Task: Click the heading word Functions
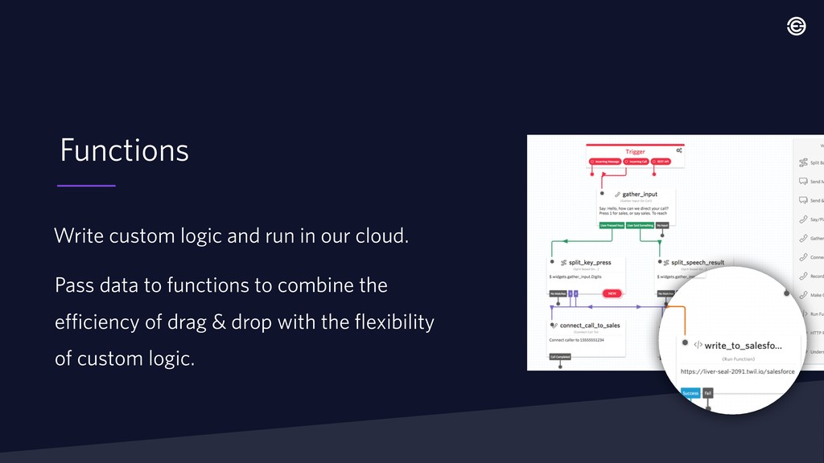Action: point(125,150)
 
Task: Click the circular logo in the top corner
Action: point(796,27)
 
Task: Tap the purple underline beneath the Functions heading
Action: point(86,186)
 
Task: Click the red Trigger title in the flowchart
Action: point(635,151)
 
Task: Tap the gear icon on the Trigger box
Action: point(679,150)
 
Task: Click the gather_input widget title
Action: point(640,195)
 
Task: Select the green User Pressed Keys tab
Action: point(612,226)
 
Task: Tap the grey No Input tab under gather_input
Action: point(661,226)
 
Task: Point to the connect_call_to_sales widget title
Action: point(590,325)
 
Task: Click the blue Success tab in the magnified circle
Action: point(690,393)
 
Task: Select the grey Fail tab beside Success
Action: point(708,393)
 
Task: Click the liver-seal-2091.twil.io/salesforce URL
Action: point(738,371)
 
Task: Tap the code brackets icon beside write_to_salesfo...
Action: point(698,345)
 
